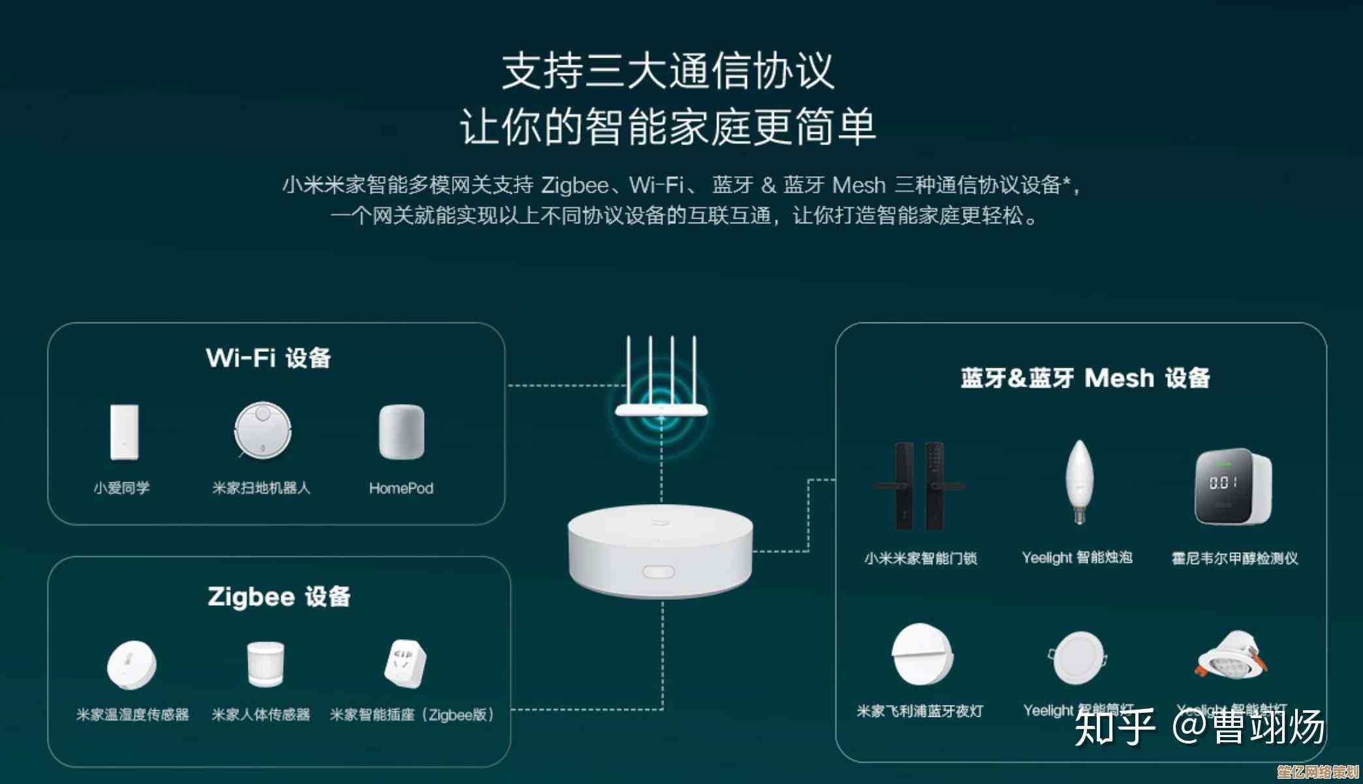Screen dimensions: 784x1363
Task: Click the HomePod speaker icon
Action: [401, 431]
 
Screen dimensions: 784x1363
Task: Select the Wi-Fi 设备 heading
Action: [268, 358]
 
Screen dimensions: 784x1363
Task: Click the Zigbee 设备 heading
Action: [279, 597]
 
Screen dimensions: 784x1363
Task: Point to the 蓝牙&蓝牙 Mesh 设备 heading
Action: [1084, 378]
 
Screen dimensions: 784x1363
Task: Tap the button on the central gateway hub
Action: [658, 572]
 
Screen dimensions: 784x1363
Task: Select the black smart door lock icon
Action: [919, 486]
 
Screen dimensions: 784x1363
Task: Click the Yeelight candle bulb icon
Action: [1079, 482]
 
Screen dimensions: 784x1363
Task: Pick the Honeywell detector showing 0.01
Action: [1233, 486]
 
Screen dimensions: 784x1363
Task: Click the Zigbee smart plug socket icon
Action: [406, 664]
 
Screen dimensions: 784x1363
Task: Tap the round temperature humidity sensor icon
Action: [132, 665]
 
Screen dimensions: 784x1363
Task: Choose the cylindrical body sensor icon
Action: [265, 663]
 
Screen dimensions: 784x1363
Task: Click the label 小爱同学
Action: [121, 488]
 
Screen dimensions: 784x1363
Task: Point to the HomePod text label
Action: [401, 488]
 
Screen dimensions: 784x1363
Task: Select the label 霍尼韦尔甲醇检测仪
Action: [1234, 558]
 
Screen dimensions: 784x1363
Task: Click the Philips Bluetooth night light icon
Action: [922, 654]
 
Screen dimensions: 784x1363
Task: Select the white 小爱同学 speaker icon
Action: [124, 431]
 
